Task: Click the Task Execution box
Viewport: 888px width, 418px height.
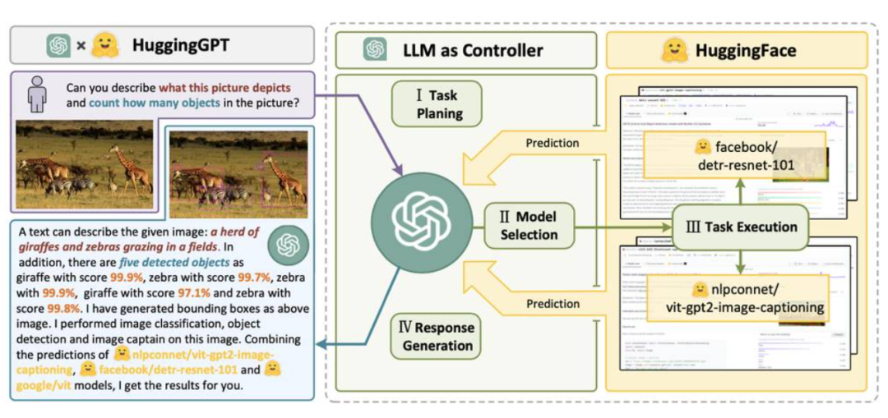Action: pyautogui.click(x=741, y=226)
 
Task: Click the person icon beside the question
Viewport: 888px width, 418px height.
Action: pyautogui.click(x=36, y=95)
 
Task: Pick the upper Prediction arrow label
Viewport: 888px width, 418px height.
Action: pyautogui.click(x=553, y=143)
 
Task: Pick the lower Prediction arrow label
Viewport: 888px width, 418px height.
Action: pyautogui.click(x=553, y=303)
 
